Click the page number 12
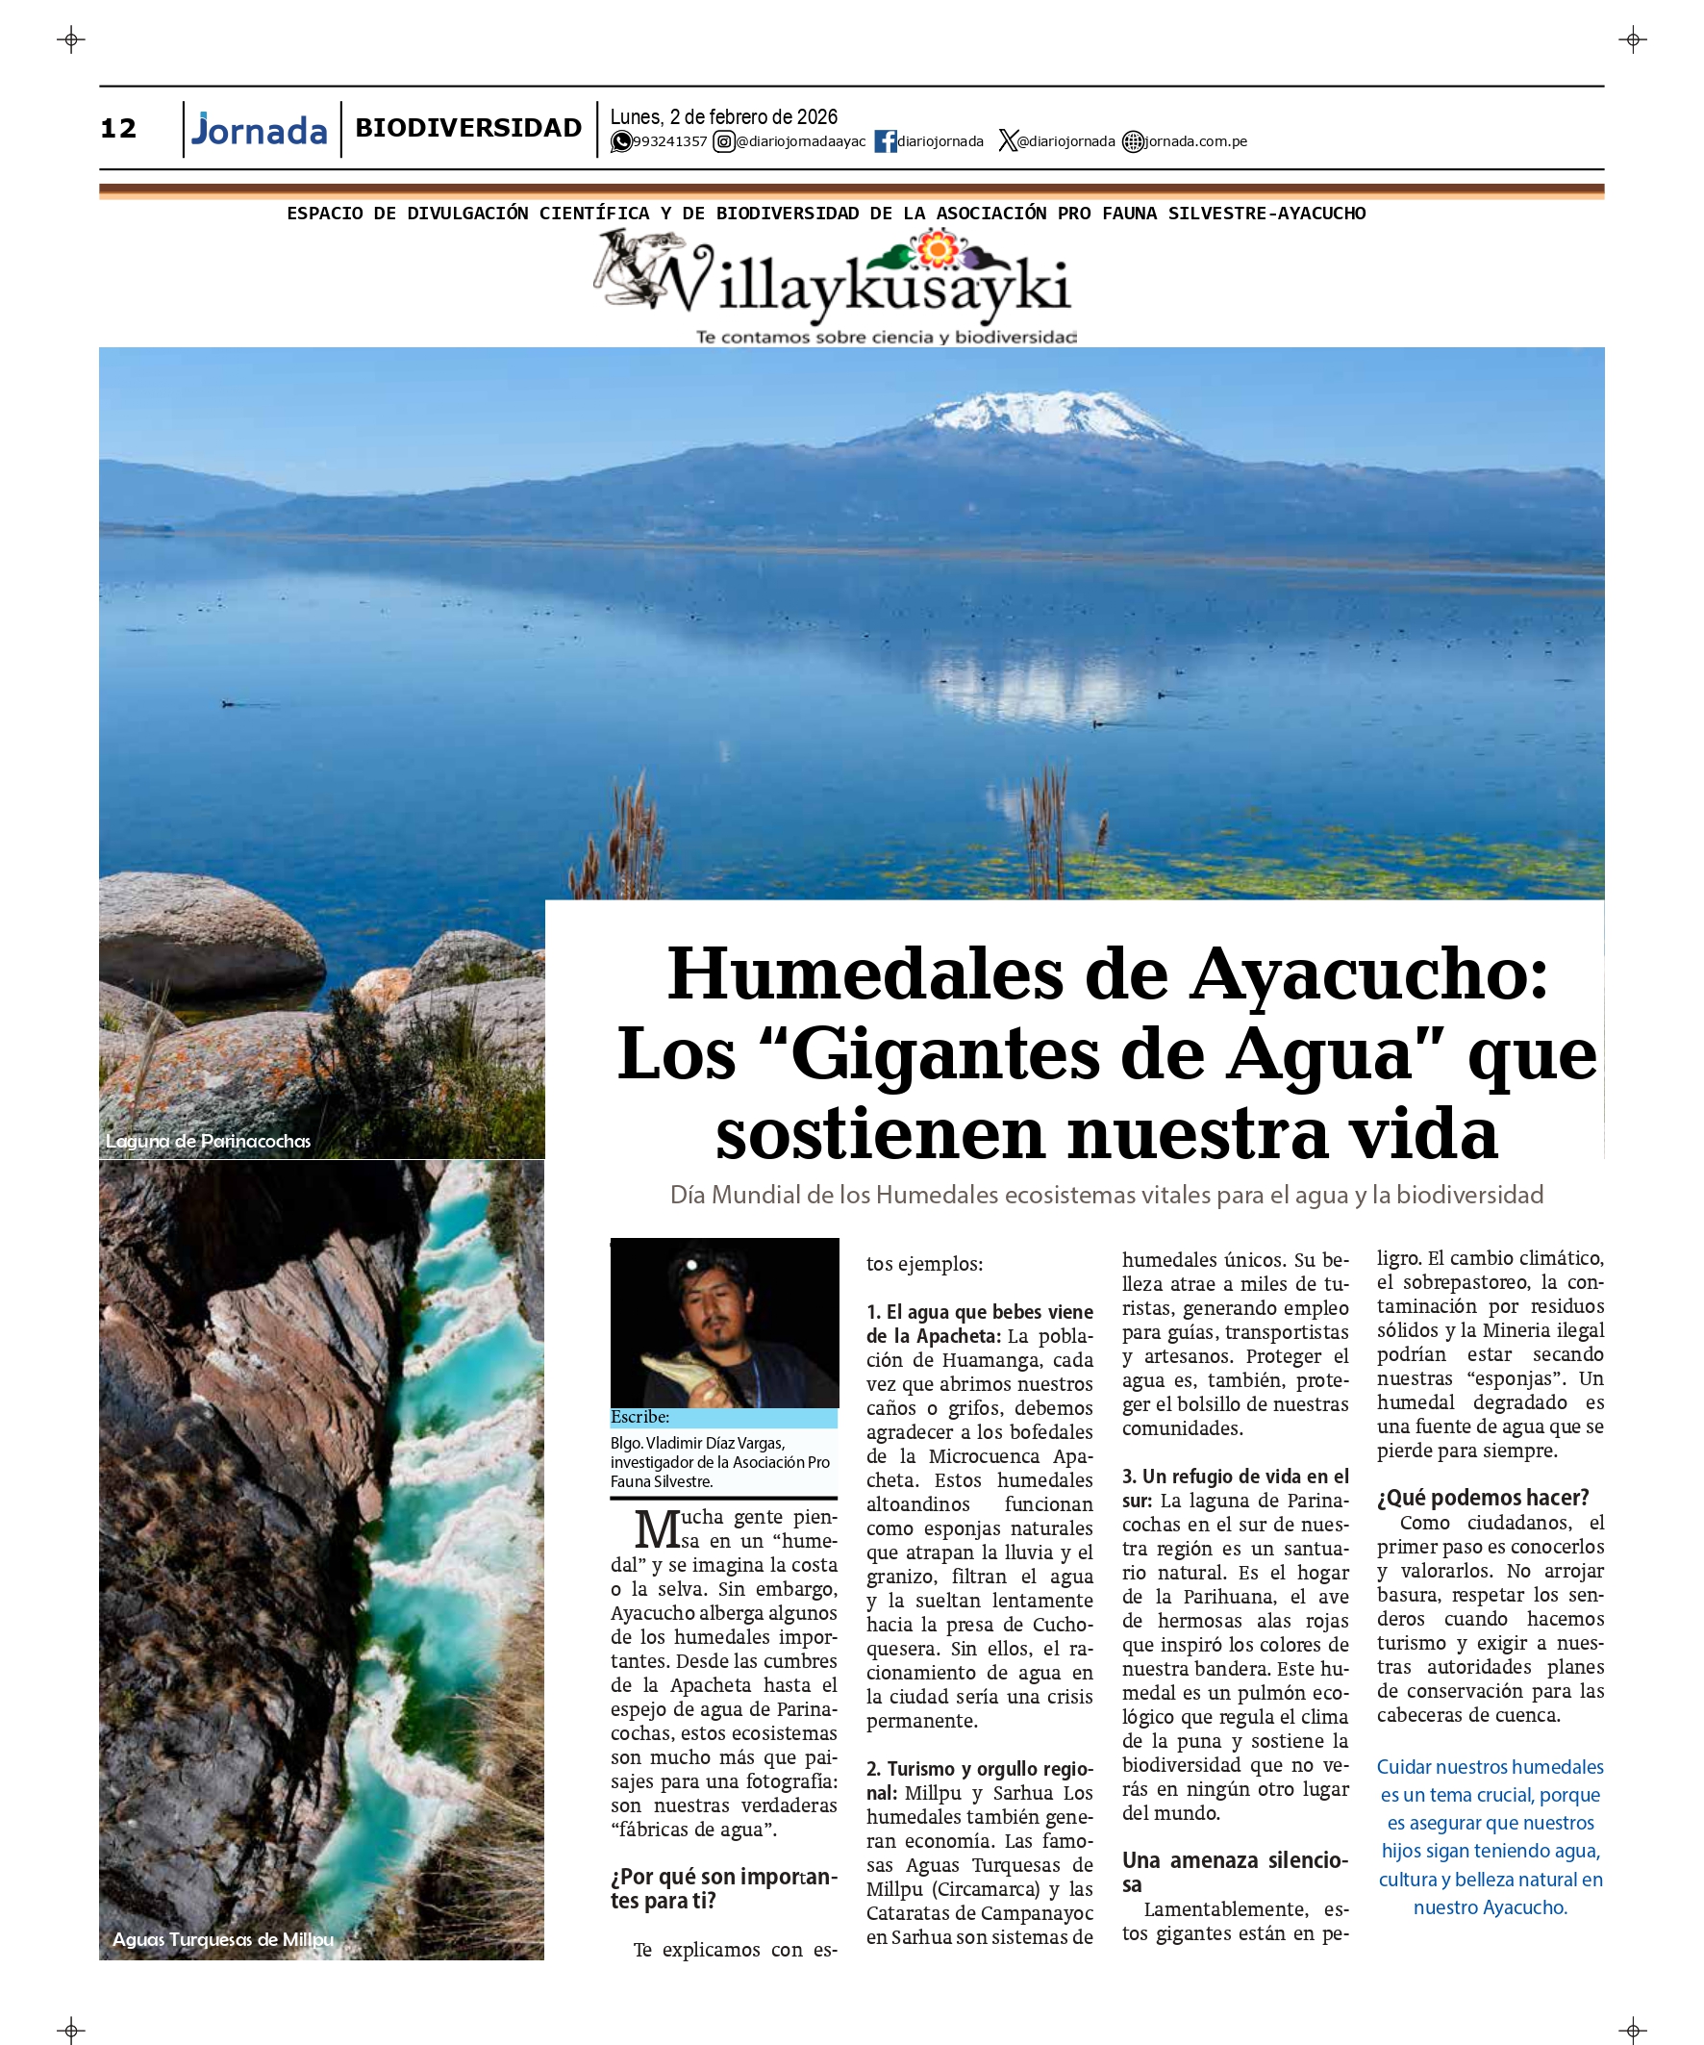tap(118, 129)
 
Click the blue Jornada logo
tap(260, 131)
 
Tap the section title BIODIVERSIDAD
tap(467, 129)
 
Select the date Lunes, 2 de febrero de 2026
tap(723, 116)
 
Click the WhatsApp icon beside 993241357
tap(620, 142)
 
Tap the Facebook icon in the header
tap(885, 142)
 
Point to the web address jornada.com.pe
tap(1194, 142)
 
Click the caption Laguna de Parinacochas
tap(209, 1142)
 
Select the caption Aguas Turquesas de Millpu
tap(223, 1940)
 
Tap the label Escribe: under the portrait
tap(639, 1417)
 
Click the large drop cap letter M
tap(657, 1529)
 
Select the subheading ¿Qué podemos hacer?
tap(1482, 1498)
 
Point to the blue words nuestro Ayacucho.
tap(1490, 1907)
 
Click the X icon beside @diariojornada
tap(1007, 142)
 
